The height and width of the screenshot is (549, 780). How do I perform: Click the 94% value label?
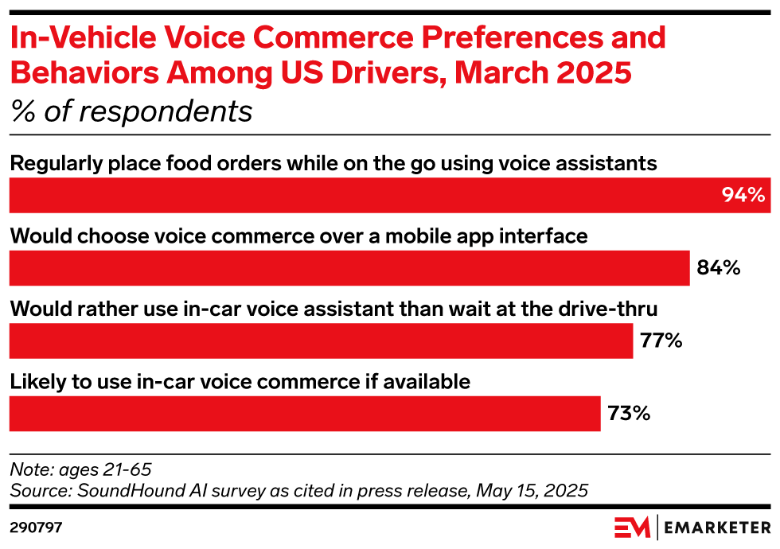coord(743,195)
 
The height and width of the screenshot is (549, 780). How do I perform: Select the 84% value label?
coord(718,268)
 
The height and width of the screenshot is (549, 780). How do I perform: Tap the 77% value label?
coord(661,341)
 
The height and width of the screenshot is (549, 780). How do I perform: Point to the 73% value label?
coord(629,414)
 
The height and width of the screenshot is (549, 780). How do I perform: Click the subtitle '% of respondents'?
coord(131,111)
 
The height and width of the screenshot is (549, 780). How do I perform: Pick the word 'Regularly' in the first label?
coord(52,163)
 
